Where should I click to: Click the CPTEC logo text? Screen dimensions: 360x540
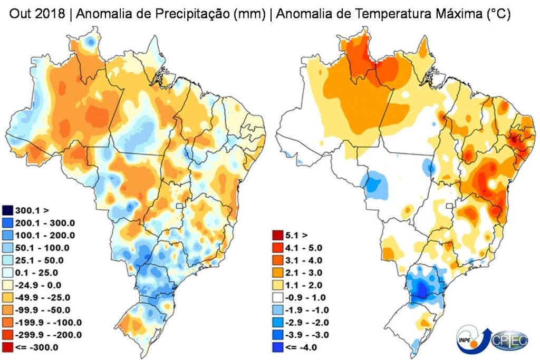click(509, 342)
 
